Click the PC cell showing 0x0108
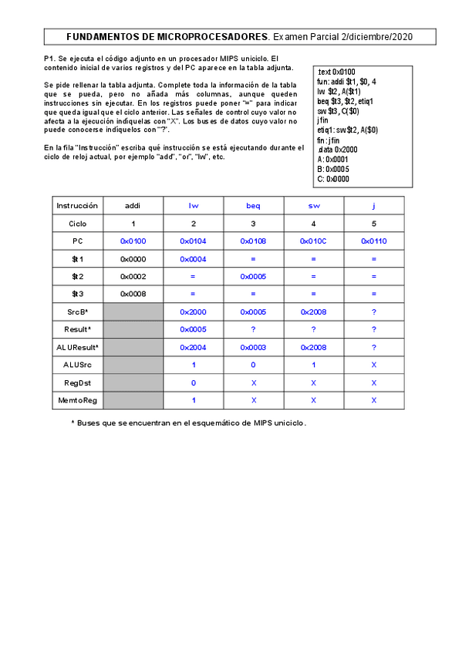pyautogui.click(x=253, y=241)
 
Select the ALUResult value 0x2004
pyautogui.click(x=193, y=347)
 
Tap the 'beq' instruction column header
pyautogui.click(x=253, y=206)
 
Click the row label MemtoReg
pyautogui.click(x=77, y=400)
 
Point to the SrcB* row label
pyautogui.click(x=77, y=312)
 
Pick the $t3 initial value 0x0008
pyautogui.click(x=133, y=294)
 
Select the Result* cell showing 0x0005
pyautogui.click(x=193, y=329)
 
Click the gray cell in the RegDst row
pyautogui.click(x=133, y=383)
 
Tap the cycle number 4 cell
pyautogui.click(x=314, y=224)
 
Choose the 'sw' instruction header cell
pyautogui.click(x=314, y=206)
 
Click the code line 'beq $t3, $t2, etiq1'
pyautogui.click(x=346, y=101)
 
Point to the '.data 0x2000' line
pyautogui.click(x=337, y=150)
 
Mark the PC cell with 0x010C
pyautogui.click(x=314, y=241)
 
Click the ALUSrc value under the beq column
pyautogui.click(x=253, y=365)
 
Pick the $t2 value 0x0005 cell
pyautogui.click(x=253, y=276)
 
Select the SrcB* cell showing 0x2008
pyautogui.click(x=314, y=312)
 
